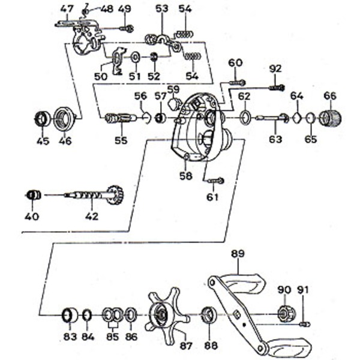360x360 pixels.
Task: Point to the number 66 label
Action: (x=330, y=96)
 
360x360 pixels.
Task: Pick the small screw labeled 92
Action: (x=275, y=88)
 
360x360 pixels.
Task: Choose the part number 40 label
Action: (x=32, y=216)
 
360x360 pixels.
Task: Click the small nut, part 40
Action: (x=34, y=194)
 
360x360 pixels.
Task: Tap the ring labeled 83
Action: (x=70, y=314)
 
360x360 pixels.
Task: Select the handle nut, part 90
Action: (x=283, y=312)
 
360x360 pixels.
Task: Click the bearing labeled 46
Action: (x=63, y=118)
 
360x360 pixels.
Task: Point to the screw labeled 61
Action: (x=217, y=180)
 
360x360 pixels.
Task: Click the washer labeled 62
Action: (x=245, y=116)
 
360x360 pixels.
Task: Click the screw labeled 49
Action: (x=127, y=28)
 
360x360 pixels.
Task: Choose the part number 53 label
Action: (x=162, y=8)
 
